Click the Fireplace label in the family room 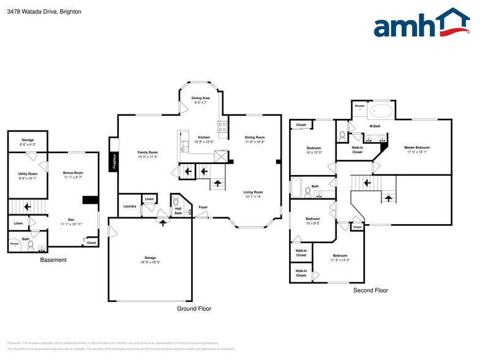(114, 161)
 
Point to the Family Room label (147, 152)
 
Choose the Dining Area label (201, 98)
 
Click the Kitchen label (204, 137)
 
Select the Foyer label (203, 207)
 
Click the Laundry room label (129, 206)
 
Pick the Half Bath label (178, 210)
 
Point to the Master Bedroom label (417, 148)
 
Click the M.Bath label (375, 126)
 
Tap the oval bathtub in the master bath (384, 111)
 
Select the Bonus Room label (73, 173)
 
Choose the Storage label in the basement (28, 140)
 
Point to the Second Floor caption (370, 290)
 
